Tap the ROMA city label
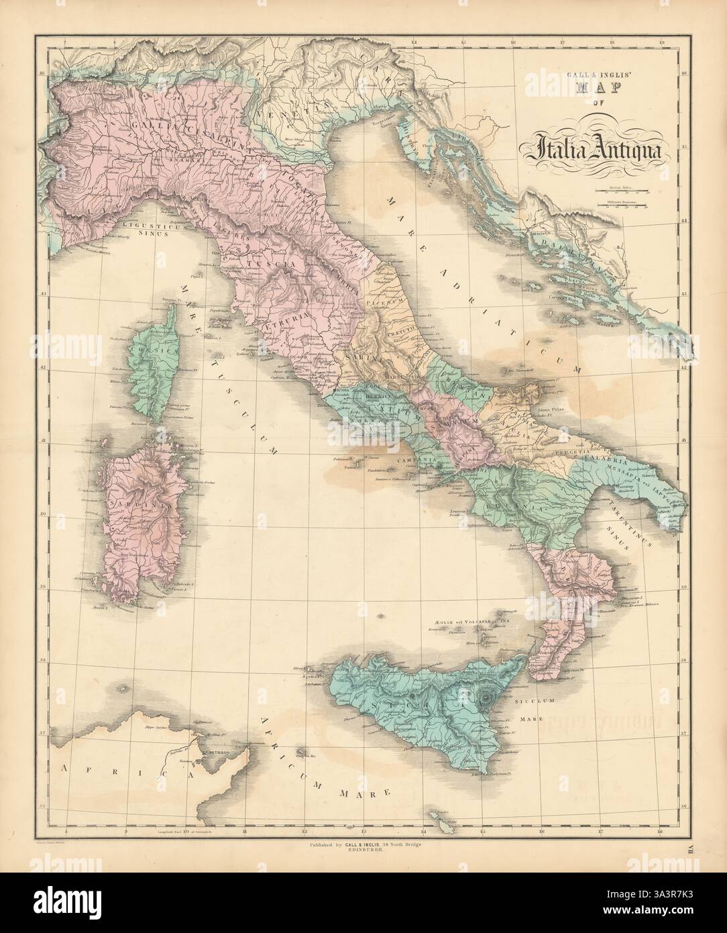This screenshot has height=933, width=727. (x=341, y=390)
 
